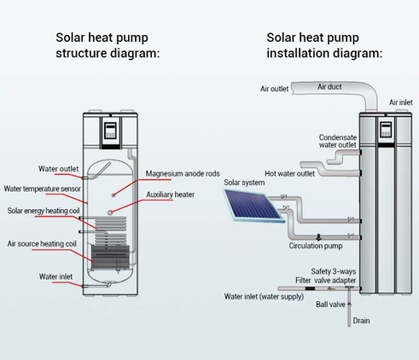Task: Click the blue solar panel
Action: point(254,206)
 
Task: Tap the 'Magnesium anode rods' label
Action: point(183,173)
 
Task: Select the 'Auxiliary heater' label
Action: point(171,195)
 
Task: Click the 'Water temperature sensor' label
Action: point(43,189)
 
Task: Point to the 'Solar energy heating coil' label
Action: point(44,211)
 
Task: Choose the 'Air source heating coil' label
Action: point(42,244)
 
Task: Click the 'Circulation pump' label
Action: point(316,246)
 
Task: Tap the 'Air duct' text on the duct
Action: point(329,87)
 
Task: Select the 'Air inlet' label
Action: point(400,102)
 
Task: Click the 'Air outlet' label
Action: point(274,89)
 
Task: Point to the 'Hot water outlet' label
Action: point(289,173)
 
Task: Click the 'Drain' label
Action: point(361,321)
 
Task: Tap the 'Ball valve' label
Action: point(330,305)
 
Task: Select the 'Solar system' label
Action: point(244,183)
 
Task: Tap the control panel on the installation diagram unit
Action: point(386,130)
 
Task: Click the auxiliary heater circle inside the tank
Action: point(110,212)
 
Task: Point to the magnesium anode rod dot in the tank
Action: point(113,195)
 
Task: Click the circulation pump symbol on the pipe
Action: point(319,237)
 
